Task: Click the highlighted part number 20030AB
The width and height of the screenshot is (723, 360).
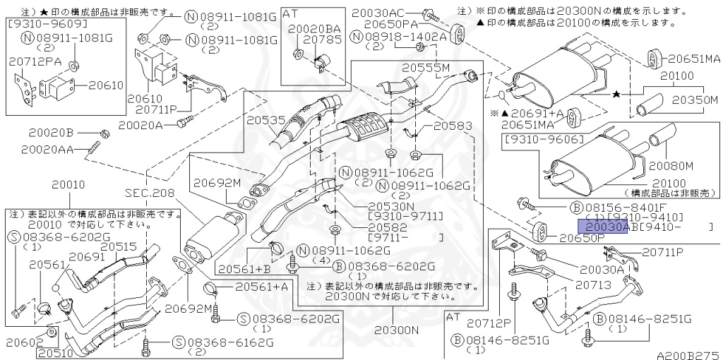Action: pos(603,227)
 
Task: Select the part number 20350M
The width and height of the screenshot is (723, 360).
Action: pos(694,100)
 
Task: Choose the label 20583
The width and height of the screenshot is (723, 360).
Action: pos(452,126)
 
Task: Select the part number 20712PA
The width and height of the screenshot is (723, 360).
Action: pos(35,62)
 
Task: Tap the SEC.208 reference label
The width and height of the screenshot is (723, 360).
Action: pos(149,192)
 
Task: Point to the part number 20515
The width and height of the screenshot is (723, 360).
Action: pos(118,246)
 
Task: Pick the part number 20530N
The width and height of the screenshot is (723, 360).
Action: pos(391,206)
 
